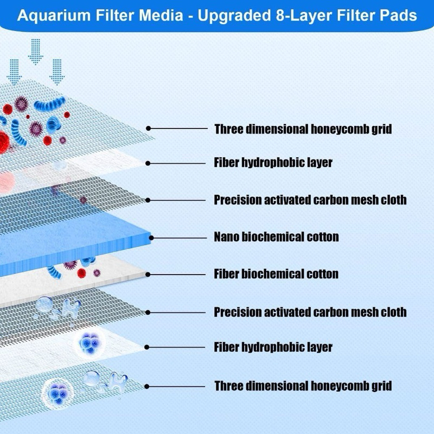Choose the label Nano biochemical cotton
click(x=276, y=237)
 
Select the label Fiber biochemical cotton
click(x=276, y=274)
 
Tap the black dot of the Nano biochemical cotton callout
click(x=151, y=237)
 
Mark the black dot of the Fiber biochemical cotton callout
click(x=148, y=274)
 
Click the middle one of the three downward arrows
click(x=36, y=52)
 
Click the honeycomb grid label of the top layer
click(x=303, y=129)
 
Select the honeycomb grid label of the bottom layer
click(x=303, y=386)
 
